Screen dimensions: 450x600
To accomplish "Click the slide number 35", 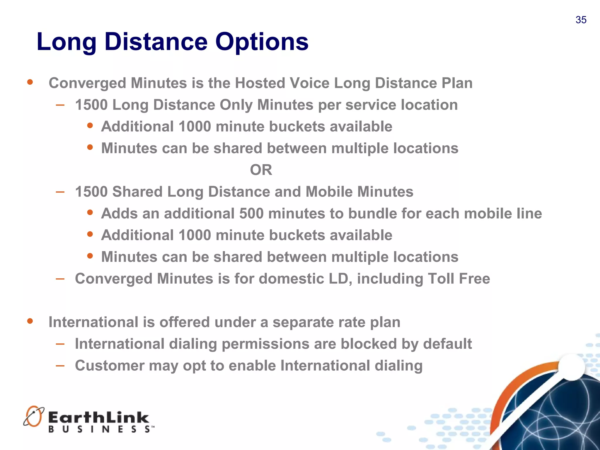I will (581, 20).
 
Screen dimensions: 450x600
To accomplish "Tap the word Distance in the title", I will (156, 42).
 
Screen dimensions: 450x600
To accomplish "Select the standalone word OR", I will (261, 170).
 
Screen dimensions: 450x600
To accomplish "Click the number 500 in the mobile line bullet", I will (251, 213).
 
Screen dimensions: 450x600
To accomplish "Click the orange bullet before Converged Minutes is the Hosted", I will (30, 82).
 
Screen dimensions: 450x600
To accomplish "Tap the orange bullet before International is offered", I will (30, 321).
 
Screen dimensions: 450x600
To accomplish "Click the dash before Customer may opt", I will (60, 365).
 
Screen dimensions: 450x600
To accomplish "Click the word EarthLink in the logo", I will (99, 417).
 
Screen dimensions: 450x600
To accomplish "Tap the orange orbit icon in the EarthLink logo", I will (34, 416).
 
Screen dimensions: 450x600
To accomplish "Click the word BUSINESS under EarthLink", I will (100, 429).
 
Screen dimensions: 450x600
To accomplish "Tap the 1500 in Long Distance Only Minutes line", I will (91, 105).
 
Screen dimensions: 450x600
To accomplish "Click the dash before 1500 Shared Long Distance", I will (60, 192).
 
